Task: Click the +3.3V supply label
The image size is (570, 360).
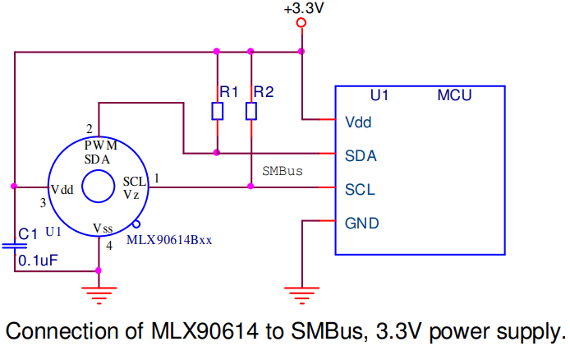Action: point(301,9)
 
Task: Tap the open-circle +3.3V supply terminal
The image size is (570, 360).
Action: point(301,24)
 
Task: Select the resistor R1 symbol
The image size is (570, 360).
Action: point(217,111)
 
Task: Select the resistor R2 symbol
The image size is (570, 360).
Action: point(251,111)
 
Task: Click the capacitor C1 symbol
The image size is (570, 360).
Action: point(14,245)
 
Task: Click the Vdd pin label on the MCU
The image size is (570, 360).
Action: point(359,122)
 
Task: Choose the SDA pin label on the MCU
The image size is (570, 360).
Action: point(361,155)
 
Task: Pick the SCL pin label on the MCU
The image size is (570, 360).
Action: point(361,189)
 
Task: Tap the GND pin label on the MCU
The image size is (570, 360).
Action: point(362,223)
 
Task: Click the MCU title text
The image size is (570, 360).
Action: point(454,96)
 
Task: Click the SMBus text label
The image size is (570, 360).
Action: point(283,172)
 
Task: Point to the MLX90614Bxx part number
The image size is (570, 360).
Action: point(170,240)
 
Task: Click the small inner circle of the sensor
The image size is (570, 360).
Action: point(98,187)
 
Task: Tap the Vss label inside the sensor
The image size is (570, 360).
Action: point(103,228)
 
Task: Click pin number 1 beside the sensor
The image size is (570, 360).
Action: point(157,177)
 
